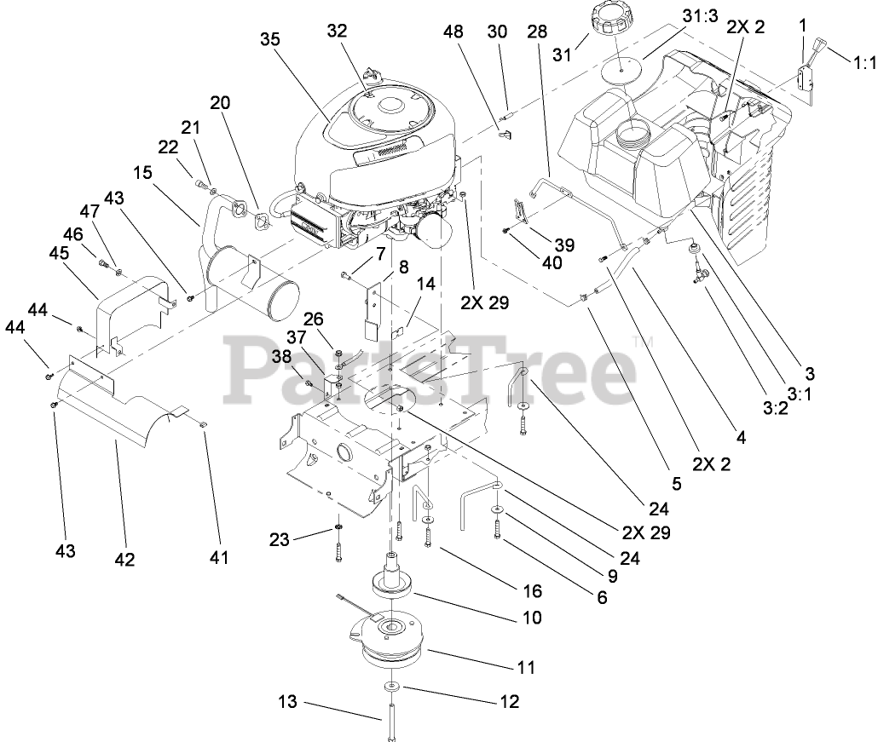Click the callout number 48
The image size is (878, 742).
[454, 32]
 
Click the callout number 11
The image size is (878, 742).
[526, 668]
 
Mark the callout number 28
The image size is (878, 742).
[536, 32]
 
